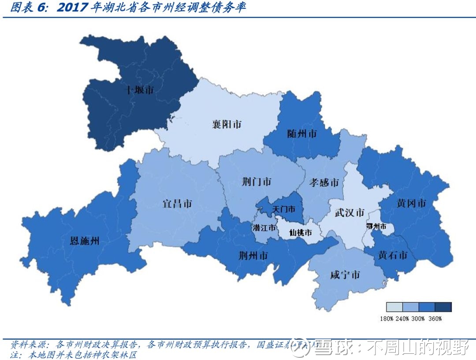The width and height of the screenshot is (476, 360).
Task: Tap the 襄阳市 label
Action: tap(227, 124)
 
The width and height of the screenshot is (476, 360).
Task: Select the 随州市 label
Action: tap(301, 134)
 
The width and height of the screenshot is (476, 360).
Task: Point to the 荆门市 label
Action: tap(257, 182)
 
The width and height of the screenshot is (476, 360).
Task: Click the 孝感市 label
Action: tap(324, 182)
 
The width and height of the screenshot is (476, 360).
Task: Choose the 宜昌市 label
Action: tap(177, 204)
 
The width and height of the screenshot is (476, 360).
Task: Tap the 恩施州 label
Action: tap(85, 241)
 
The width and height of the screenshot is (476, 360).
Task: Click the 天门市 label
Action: tap(284, 209)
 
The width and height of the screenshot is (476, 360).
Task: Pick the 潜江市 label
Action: tap(264, 228)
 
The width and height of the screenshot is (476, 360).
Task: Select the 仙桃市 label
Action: tap(300, 232)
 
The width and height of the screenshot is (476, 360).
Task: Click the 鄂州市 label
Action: tap(376, 226)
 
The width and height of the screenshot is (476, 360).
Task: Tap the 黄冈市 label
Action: tap(411, 203)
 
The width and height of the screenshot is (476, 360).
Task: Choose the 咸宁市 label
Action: tap(345, 275)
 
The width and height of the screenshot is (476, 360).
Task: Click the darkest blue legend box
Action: tap(443, 307)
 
